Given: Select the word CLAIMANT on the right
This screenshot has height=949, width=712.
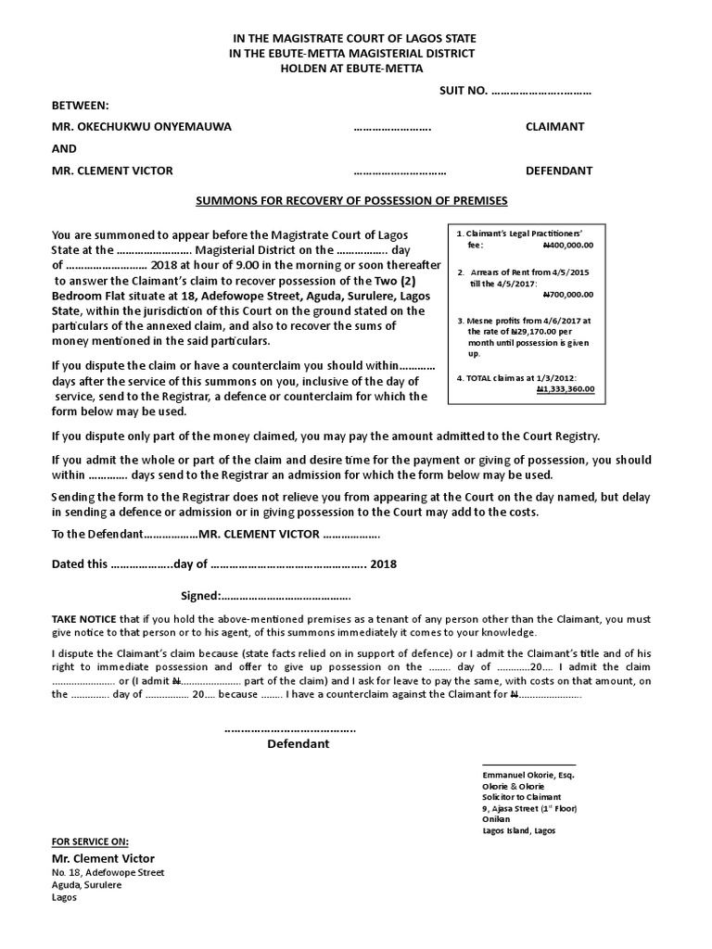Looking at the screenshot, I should pyautogui.click(x=554, y=126).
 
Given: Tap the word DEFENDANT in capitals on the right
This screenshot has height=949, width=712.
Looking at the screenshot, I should pyautogui.click(x=559, y=171).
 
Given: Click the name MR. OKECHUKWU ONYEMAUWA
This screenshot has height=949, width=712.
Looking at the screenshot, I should pyautogui.click(x=142, y=126).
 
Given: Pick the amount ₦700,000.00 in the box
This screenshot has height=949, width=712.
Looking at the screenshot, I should pyautogui.click(x=567, y=294).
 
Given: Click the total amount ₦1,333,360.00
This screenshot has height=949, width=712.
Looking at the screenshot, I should pyautogui.click(x=566, y=390).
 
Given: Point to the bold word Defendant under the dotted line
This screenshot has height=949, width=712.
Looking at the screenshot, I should pyautogui.click(x=299, y=744).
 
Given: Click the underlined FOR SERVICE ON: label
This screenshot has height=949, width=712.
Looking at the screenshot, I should pyautogui.click(x=90, y=841).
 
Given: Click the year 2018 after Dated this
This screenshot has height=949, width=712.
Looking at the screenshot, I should pyautogui.click(x=383, y=563).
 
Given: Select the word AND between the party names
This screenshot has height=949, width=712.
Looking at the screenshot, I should pyautogui.click(x=65, y=148).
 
